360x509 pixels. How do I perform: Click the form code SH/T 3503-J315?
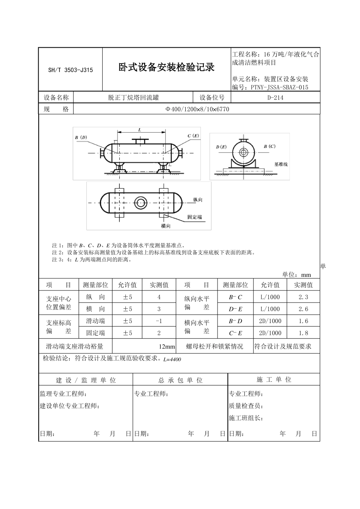[x=70, y=70]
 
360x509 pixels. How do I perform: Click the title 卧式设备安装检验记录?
[x=166, y=68]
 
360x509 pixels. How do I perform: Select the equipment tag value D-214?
[x=275, y=98]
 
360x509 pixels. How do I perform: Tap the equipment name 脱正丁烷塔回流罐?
[x=133, y=98]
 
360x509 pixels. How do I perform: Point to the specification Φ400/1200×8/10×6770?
[x=197, y=109]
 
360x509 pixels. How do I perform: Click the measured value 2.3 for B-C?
[x=303, y=297]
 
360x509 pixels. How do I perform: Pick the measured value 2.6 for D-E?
[x=303, y=309]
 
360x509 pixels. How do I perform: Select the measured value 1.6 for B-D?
[x=303, y=321]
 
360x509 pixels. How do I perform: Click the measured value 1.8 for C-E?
[x=303, y=333]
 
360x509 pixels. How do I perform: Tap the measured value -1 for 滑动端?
[x=159, y=321]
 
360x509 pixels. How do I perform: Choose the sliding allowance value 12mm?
[x=167, y=347]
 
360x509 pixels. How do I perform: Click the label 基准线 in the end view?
[x=281, y=164]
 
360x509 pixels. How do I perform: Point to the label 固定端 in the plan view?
[x=194, y=217]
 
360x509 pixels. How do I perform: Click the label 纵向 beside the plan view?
[x=198, y=200]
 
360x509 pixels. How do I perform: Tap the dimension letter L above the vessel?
[x=139, y=130]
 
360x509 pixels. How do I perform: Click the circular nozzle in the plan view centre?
[x=141, y=203]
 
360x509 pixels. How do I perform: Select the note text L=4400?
[x=172, y=359]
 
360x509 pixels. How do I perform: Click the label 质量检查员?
[x=246, y=406]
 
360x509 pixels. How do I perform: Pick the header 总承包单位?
[x=180, y=380]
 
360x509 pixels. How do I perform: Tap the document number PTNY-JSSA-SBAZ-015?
[x=279, y=87]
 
